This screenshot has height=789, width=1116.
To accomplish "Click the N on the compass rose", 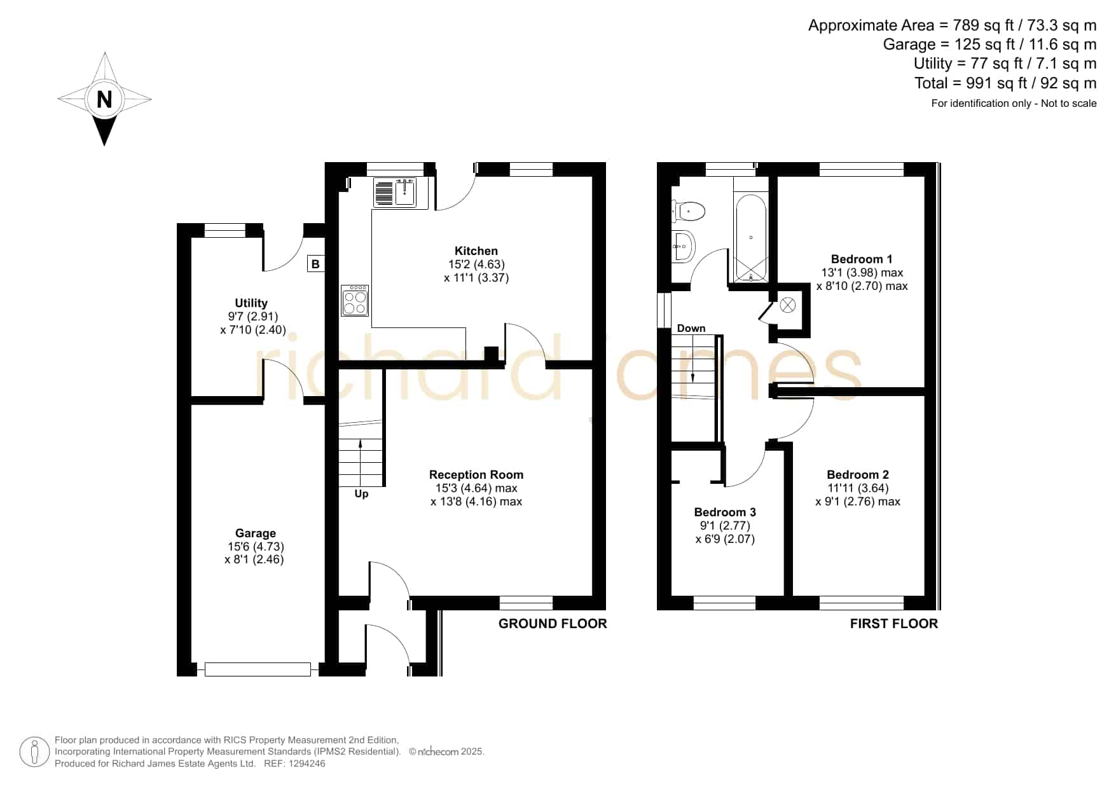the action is pyautogui.click(x=104, y=99).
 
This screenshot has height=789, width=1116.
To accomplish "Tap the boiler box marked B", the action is pyautogui.click(x=315, y=263).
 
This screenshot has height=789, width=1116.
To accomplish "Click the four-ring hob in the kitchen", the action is pyautogui.click(x=355, y=299).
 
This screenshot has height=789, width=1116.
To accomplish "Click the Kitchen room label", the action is pyautogui.click(x=476, y=251).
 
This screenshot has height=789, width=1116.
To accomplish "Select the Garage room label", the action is pyautogui.click(x=256, y=533).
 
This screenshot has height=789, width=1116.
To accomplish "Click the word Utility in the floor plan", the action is pyautogui.click(x=251, y=303).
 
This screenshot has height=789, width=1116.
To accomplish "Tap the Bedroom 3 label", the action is pyautogui.click(x=725, y=512).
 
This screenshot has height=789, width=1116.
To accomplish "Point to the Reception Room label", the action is pyautogui.click(x=476, y=475).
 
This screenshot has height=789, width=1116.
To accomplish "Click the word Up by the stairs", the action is pyautogui.click(x=361, y=494).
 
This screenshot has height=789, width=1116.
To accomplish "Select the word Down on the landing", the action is pyautogui.click(x=691, y=328).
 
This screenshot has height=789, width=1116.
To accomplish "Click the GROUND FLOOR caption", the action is pyautogui.click(x=553, y=624).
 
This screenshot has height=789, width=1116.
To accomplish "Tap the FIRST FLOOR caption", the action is pyautogui.click(x=894, y=624).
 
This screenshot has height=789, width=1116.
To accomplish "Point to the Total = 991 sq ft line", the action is pyautogui.click(x=1005, y=83).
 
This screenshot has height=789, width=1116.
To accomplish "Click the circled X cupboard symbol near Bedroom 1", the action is pyautogui.click(x=788, y=305).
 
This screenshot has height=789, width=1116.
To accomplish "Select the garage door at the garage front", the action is pyautogui.click(x=258, y=669).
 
